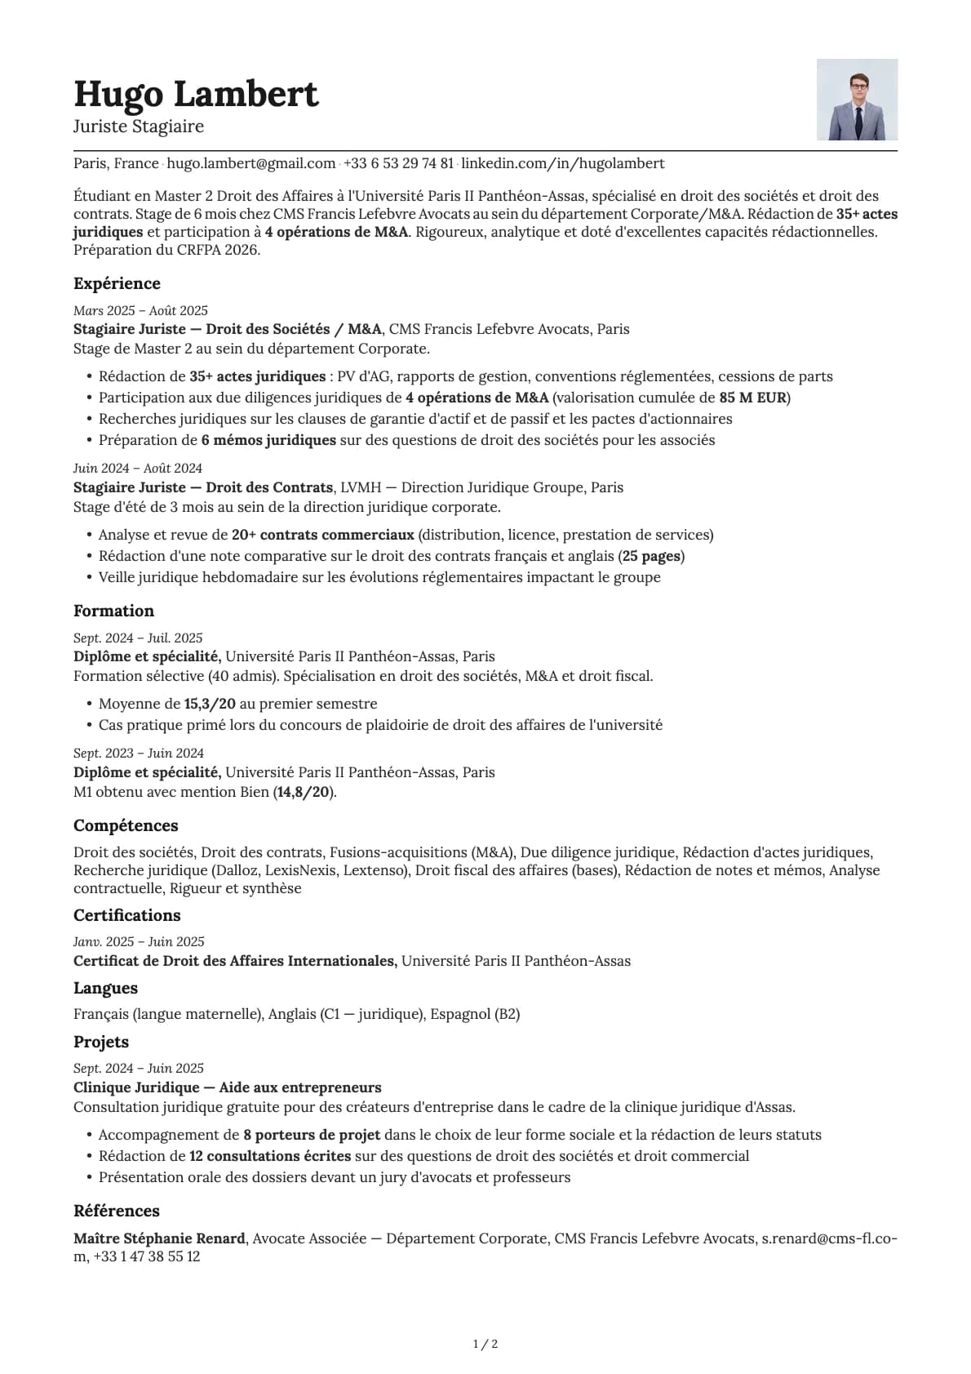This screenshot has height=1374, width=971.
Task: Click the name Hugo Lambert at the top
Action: (196, 94)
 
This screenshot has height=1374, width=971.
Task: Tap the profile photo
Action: (857, 100)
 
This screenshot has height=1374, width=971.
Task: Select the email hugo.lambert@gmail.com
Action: (251, 163)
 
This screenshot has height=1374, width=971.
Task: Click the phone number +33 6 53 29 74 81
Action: (398, 163)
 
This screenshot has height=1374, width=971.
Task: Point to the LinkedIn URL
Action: (563, 163)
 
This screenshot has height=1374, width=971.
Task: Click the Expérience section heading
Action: (117, 283)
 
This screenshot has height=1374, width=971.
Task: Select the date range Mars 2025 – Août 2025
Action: (140, 310)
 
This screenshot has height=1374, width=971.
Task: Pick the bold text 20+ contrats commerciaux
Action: (322, 535)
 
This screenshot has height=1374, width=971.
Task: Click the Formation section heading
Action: (113, 611)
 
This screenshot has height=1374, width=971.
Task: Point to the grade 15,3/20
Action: (210, 704)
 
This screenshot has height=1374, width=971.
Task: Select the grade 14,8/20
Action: (304, 792)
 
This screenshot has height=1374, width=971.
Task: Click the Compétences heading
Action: (126, 825)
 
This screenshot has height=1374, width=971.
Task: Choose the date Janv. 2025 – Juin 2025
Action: (139, 941)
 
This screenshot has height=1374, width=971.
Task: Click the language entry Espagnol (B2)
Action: (475, 1014)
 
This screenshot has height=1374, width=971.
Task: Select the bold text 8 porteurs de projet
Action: (312, 1135)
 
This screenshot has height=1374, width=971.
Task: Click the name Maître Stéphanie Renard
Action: (159, 1238)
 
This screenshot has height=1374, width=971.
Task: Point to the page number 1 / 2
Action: (485, 1344)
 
